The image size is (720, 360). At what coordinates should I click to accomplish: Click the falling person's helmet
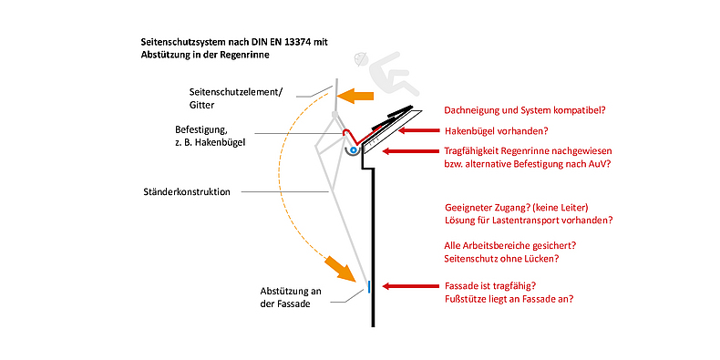coord(361,59)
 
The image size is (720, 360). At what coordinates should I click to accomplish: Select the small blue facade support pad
coord(369,286)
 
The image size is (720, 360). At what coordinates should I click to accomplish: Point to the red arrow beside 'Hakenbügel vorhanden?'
coord(418,130)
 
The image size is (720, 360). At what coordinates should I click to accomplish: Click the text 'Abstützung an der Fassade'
coord(290,297)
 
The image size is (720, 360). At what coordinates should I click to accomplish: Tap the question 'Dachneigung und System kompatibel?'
coord(524,110)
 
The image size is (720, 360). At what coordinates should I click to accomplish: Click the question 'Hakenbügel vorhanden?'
coord(496,131)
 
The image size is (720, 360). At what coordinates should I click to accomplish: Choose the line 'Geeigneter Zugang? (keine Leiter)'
coord(518,206)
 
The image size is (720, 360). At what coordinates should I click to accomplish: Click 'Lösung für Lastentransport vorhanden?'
coord(528,220)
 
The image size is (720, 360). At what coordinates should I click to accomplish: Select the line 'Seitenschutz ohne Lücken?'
coord(501,259)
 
